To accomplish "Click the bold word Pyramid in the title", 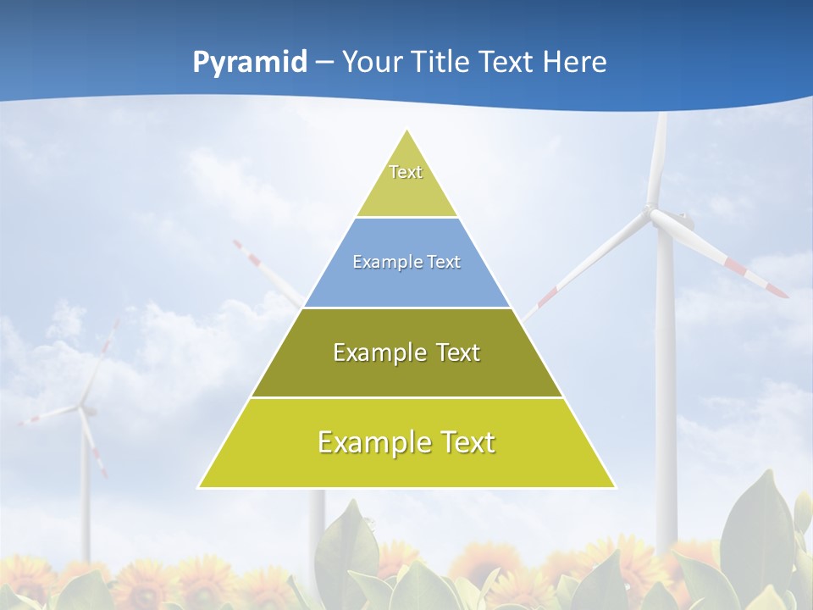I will pos(249,63).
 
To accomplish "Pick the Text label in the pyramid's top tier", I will pos(406,172).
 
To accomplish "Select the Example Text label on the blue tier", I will pos(406,262).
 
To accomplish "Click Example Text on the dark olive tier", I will pos(406,352).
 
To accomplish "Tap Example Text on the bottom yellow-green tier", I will pos(406,442).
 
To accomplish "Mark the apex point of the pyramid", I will pos(407,130).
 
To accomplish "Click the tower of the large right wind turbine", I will pos(666,381).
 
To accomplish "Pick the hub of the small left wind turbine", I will pos(83,409).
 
